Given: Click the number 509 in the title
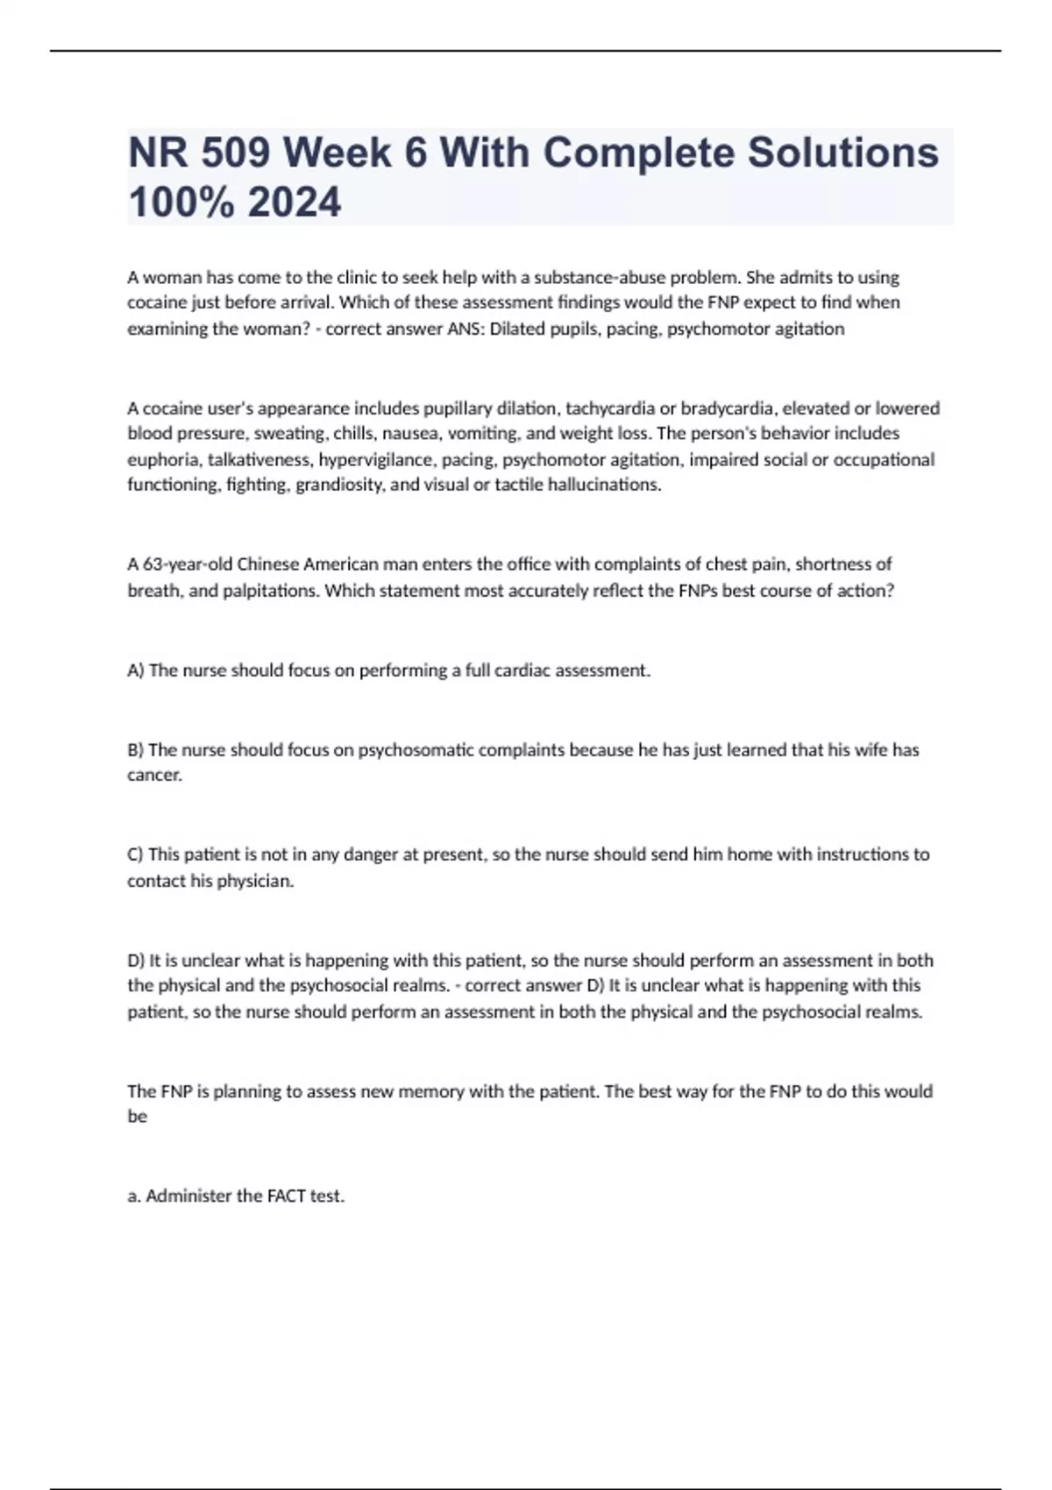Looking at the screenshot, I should click(x=234, y=153).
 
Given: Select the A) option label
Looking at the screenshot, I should click(x=136, y=670).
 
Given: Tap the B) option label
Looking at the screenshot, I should click(x=136, y=750).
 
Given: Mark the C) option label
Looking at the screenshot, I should click(x=136, y=855).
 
